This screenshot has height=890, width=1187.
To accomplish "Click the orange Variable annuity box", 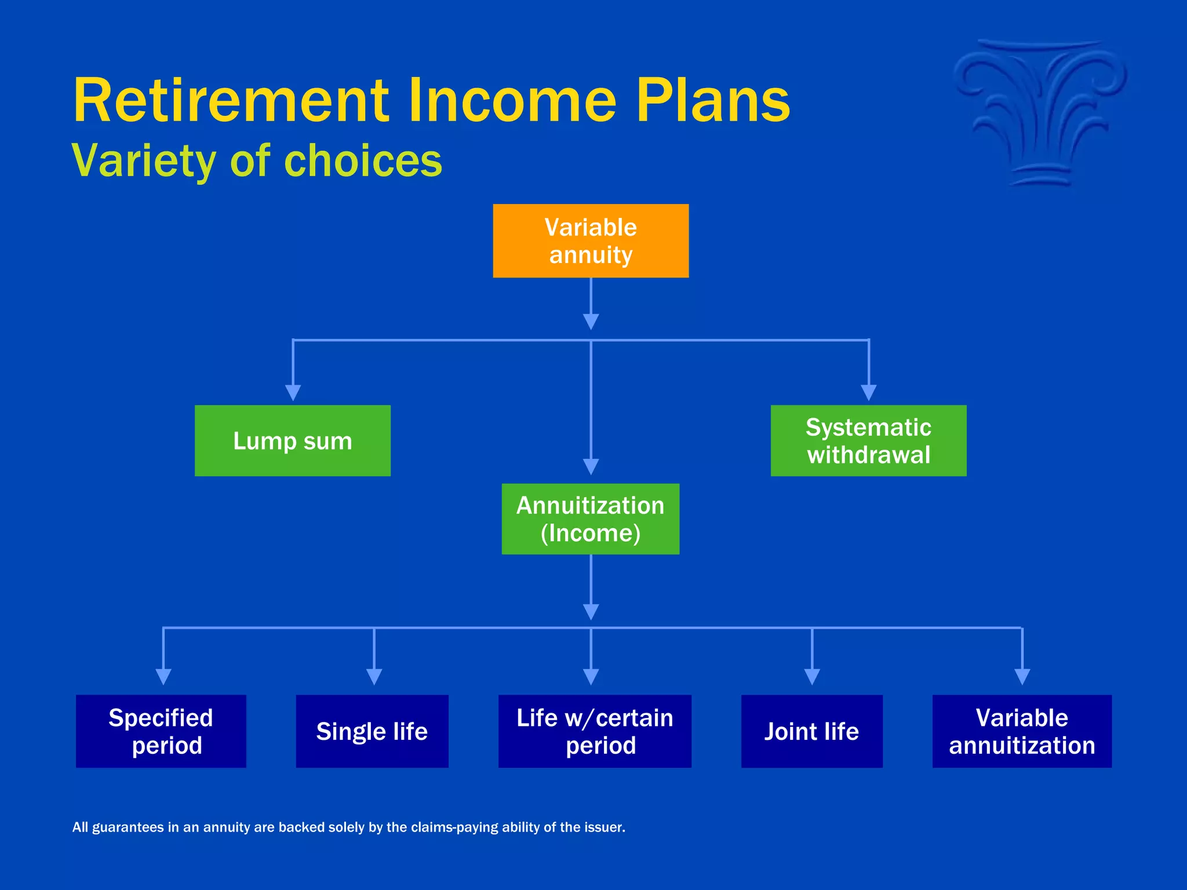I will coord(591,240).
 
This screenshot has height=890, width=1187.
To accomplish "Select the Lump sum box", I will coord(293,440).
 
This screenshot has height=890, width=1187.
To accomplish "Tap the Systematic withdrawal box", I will coord(868,440).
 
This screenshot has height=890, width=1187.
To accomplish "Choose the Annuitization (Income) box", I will coord(590,519).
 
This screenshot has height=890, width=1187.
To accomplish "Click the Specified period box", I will coord(161,731).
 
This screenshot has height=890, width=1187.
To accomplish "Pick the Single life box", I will coord(372,731).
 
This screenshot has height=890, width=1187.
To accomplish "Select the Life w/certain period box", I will coord(595,731).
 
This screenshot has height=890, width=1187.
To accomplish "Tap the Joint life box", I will coord(811,731).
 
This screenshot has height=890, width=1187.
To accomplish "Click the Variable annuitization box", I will coord(1022,731).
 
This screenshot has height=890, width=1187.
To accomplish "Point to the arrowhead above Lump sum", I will coord(293,392).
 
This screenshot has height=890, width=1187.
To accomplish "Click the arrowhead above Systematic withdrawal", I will coord(868,392).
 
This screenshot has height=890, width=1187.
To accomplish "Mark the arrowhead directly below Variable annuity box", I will coord(591,322).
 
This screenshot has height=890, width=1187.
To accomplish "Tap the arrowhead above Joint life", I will coord(812,676).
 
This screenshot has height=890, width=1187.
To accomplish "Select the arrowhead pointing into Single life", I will coord(374,676).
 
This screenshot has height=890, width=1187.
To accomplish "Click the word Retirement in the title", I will coord(231,101).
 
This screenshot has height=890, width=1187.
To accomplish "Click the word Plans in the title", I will coord(713,101).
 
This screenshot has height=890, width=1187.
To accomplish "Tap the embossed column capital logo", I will coord(1040,113).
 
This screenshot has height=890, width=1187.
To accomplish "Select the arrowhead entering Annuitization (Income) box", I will coord(591,466).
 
